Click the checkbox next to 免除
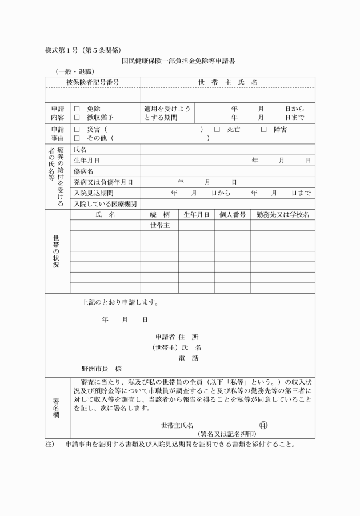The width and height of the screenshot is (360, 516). point(77,109)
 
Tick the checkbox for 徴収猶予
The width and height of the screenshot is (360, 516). point(77,117)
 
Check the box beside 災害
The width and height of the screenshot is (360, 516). point(77,130)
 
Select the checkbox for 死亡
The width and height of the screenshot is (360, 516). point(217,130)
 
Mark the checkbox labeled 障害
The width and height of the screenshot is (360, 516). point(263,130)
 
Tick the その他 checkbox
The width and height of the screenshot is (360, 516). point(77,138)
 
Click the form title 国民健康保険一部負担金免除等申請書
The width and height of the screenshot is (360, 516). point(179,60)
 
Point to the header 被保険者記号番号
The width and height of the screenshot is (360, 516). point(93,82)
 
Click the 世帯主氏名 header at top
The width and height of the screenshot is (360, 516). point(227,82)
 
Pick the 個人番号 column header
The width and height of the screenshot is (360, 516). point(232,215)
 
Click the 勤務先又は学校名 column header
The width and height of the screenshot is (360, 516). point(282,215)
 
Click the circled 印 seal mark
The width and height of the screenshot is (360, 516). point(263,425)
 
